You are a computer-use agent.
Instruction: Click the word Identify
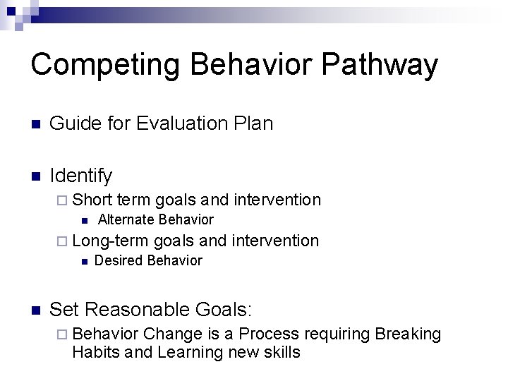(x=81, y=174)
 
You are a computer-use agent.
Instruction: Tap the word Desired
(x=116, y=261)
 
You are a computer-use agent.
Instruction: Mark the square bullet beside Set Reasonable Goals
(x=37, y=310)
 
